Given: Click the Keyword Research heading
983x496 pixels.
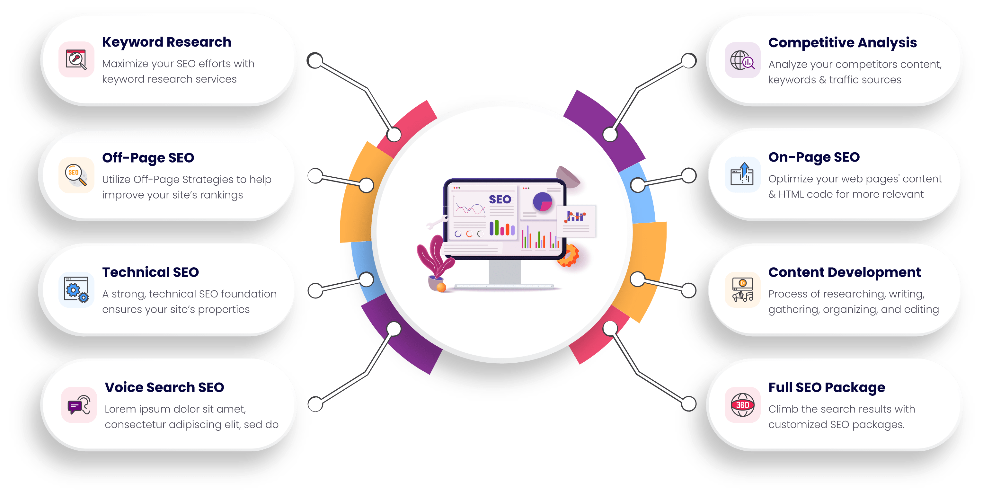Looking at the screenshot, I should tap(166, 42).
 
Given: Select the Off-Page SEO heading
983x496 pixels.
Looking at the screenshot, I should tap(148, 158).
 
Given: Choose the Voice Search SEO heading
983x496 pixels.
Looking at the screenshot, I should tap(164, 387).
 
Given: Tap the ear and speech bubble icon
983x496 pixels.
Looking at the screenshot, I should tap(79, 405).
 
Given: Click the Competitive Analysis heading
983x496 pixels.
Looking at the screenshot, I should tap(842, 43).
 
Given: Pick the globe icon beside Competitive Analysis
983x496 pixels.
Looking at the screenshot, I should tap(742, 60).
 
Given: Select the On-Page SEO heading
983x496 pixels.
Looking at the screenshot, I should tap(814, 157).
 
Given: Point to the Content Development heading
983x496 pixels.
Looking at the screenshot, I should tap(845, 272).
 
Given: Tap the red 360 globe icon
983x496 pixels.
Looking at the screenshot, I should tap(742, 405).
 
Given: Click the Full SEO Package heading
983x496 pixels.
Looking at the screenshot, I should tap(827, 387).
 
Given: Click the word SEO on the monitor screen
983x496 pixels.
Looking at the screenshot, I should tap(500, 199).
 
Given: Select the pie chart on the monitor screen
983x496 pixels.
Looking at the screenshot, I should tap(542, 201).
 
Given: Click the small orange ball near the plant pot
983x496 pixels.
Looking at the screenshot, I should tap(441, 287).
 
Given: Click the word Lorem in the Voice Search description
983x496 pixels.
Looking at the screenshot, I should tap(120, 409).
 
